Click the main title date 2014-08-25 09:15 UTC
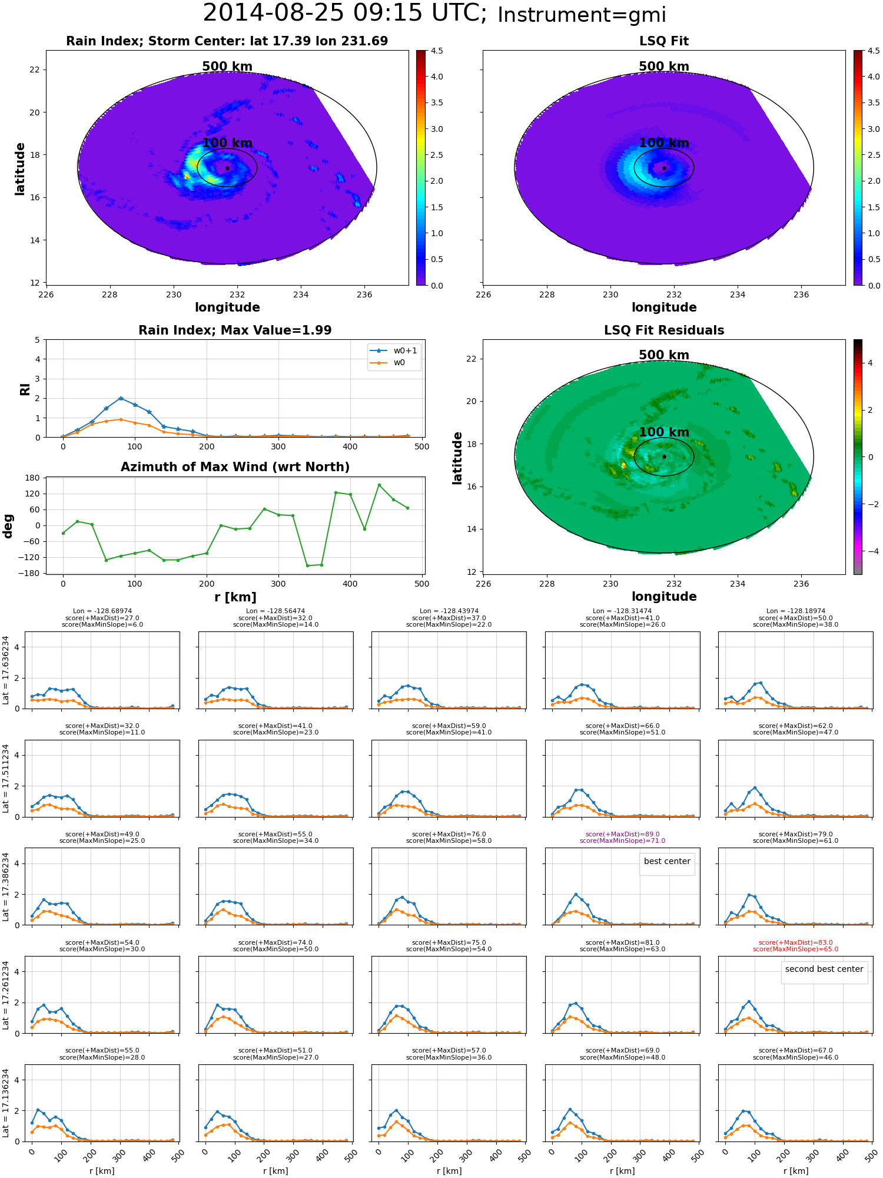click(345, 13)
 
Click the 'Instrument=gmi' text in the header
click(582, 15)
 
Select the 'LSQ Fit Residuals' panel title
click(664, 330)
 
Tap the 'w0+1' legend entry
click(393, 350)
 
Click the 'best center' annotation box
click(667, 861)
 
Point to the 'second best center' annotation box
click(824, 969)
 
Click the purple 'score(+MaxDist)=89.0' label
click(623, 834)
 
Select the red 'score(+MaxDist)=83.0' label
click(796, 942)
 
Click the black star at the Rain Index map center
click(227, 168)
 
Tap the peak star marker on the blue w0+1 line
click(121, 399)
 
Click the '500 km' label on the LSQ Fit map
click(664, 67)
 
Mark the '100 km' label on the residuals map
click(664, 432)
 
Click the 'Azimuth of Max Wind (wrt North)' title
click(235, 467)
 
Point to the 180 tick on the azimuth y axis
click(32, 478)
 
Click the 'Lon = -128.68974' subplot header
click(102, 611)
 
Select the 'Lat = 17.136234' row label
click(6, 1103)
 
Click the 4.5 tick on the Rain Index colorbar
click(437, 51)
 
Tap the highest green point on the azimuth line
click(379, 485)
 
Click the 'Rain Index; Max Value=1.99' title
click(235, 330)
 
